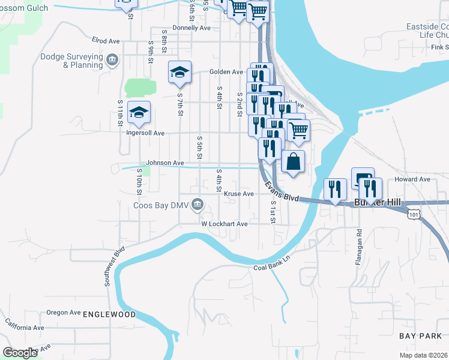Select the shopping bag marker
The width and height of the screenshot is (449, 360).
point(292,161)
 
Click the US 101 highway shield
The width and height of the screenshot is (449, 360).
point(414,213)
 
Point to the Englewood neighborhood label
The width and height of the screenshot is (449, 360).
point(109,314)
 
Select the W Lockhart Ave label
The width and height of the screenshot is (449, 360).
point(224,224)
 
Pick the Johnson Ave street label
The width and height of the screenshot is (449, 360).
point(165,163)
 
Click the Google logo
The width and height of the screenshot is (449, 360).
point(20,353)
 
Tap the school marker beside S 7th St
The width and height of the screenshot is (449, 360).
point(179,73)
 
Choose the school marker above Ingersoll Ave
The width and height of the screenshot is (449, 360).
point(139,113)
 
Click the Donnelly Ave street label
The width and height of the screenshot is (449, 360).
point(191,28)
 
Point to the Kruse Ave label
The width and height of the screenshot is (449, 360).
point(239,194)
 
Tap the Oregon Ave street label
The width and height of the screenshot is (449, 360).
point(64,313)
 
